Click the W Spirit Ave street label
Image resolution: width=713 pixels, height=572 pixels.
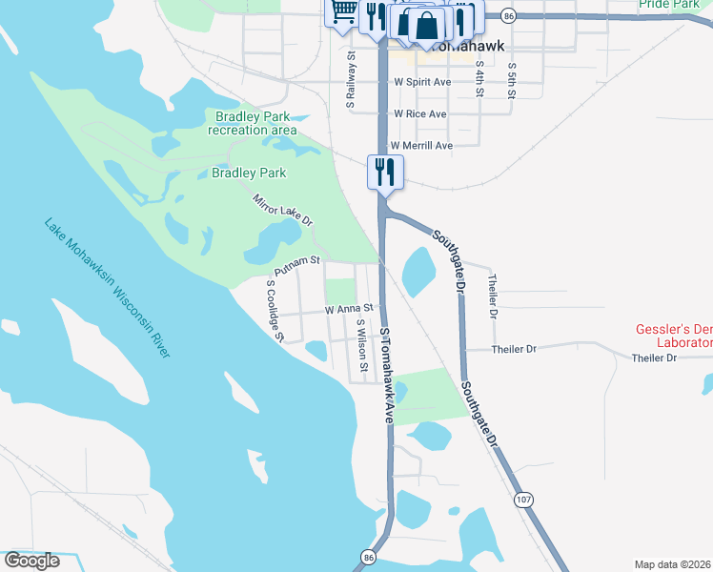click(x=422, y=83)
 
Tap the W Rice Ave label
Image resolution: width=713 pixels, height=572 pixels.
click(x=420, y=114)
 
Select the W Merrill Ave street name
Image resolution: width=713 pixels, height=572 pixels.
click(x=420, y=145)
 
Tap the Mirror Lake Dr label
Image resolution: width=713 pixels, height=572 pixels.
click(x=282, y=210)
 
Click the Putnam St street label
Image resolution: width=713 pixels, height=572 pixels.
click(x=296, y=258)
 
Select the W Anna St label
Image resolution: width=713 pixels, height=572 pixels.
click(x=348, y=310)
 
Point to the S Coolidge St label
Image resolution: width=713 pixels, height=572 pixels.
click(x=275, y=310)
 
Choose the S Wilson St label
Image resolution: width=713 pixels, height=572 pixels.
click(x=361, y=344)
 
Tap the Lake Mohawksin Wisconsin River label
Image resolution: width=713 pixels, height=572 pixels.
click(x=107, y=289)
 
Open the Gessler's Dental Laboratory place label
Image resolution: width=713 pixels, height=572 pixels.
click(x=674, y=336)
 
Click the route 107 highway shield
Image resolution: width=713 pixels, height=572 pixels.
click(x=522, y=500)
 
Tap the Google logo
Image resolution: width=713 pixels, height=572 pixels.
click(x=31, y=560)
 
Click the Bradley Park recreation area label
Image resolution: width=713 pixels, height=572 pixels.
click(x=252, y=123)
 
